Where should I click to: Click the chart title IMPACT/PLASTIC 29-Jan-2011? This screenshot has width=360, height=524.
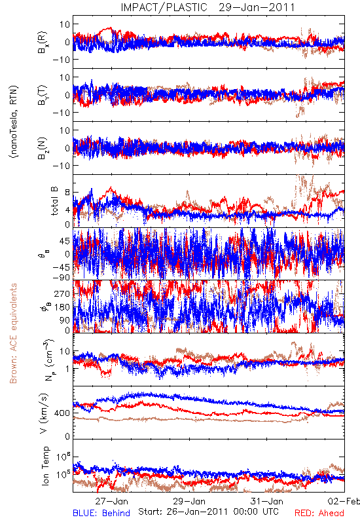(x=207, y=7)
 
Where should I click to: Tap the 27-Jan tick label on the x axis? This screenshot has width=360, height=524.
(x=111, y=501)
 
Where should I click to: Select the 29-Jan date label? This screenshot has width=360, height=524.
(x=189, y=501)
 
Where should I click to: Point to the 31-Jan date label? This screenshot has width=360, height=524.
(x=267, y=501)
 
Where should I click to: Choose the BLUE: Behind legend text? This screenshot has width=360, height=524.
(x=101, y=513)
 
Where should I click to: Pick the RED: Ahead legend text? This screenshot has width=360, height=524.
(x=319, y=513)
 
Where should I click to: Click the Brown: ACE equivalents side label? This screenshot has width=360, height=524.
(x=13, y=333)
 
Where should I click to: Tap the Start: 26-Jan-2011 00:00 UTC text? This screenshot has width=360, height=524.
(x=208, y=512)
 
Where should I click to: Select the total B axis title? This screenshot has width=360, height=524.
(x=54, y=201)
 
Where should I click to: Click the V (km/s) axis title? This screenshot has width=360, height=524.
(x=44, y=413)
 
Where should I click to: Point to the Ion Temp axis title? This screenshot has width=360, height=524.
(x=45, y=466)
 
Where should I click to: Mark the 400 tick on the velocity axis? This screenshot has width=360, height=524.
(x=62, y=413)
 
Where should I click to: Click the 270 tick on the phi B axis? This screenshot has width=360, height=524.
(x=62, y=293)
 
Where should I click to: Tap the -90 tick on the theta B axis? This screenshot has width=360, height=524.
(x=61, y=277)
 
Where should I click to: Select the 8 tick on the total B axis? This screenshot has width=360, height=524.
(x=67, y=193)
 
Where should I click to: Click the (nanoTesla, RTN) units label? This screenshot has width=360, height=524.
(x=14, y=122)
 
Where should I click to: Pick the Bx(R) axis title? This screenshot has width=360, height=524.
(x=43, y=42)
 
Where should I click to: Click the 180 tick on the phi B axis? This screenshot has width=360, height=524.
(x=62, y=307)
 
